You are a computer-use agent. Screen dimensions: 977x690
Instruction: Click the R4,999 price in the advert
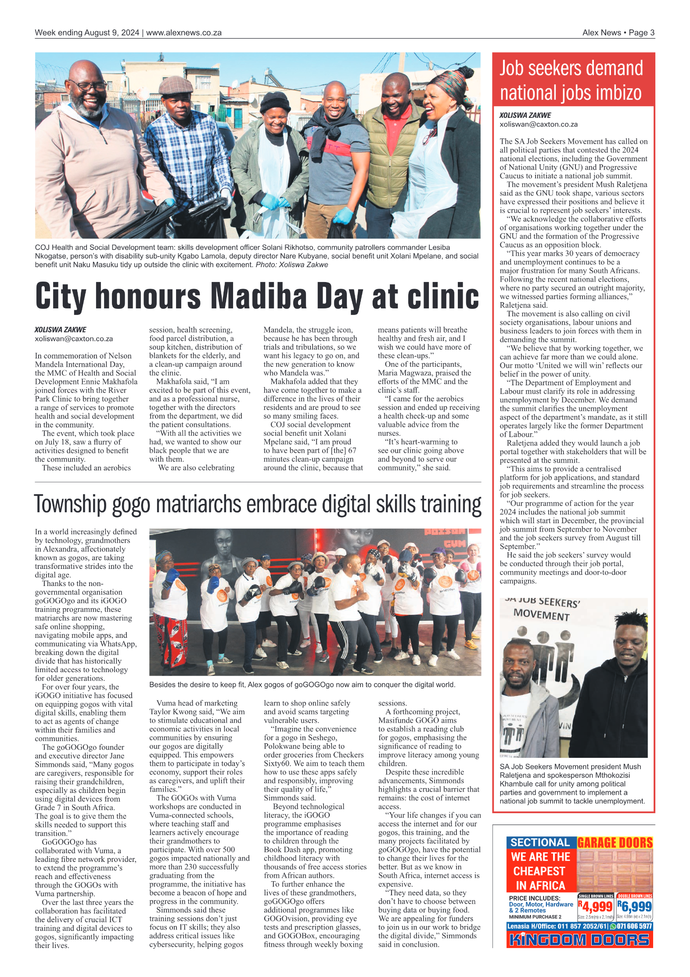point(596,906)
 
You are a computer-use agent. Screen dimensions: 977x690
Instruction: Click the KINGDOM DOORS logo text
point(579,940)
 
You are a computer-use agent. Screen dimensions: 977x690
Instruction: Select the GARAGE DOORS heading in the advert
point(615,843)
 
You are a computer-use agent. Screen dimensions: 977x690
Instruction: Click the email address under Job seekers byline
point(538,124)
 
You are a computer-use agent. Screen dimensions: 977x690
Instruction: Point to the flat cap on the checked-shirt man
point(176,85)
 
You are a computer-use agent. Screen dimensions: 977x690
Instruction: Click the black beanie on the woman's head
point(275,102)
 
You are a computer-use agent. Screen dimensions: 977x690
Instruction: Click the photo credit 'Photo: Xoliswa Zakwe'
point(291,264)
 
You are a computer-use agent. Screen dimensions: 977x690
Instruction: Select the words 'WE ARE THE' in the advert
point(540,857)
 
